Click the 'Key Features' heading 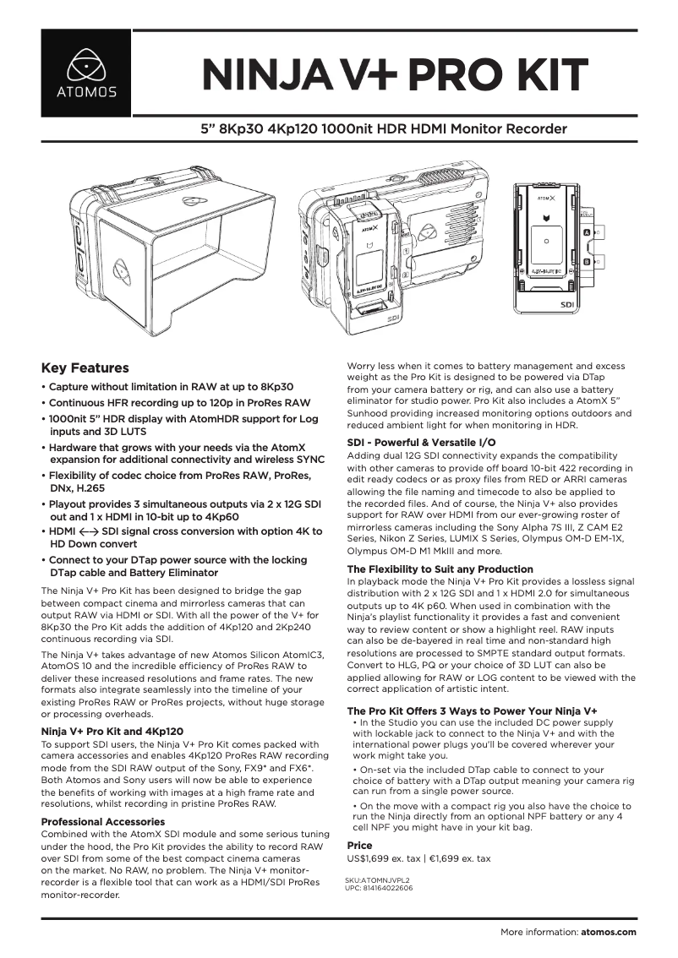85,368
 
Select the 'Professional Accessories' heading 103,822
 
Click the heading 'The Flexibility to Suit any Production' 440,569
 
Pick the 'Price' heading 359,846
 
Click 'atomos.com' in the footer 608,933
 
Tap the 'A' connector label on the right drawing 588,231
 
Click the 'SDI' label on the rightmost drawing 568,303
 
